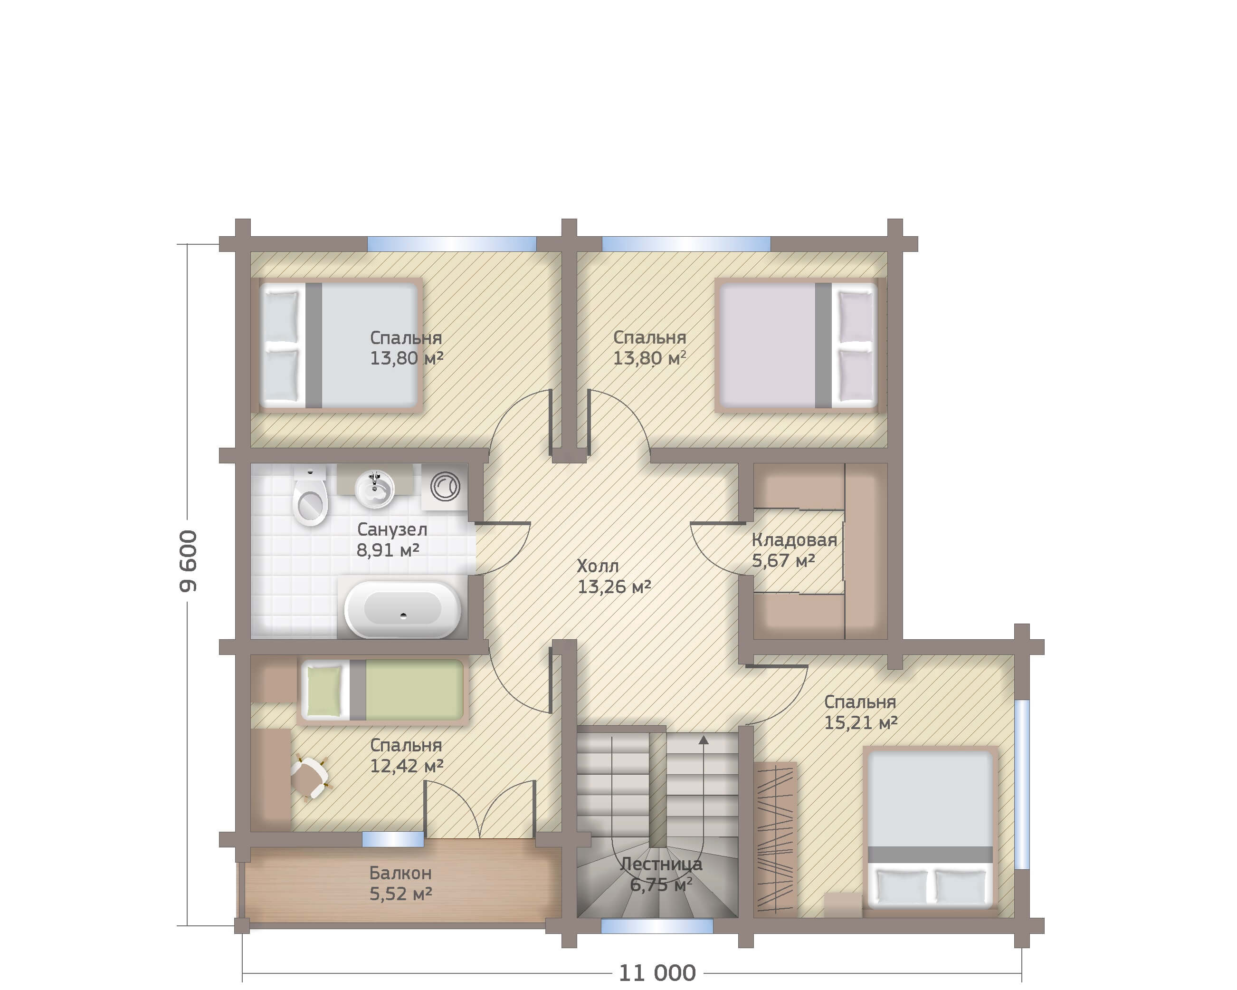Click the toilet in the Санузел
coord(310,497)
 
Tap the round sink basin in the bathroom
coord(375,490)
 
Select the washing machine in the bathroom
coord(445,487)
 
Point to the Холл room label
coord(597,567)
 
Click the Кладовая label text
coord(794,540)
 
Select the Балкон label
coord(400,873)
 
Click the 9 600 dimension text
coord(188,561)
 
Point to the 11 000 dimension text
coord(657,973)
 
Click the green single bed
coord(382,690)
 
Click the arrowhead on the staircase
coord(704,740)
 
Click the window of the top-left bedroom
coord(452,244)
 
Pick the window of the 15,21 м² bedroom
coord(1022,784)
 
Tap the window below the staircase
coord(657,926)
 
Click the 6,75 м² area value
coord(661,885)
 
